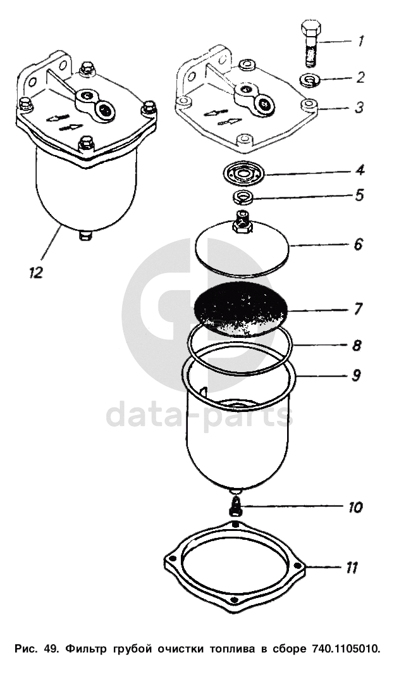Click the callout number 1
[361, 41]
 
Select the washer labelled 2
[310, 80]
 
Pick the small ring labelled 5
[243, 197]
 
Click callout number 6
[358, 244]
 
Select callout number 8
[357, 345]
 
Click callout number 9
[356, 375]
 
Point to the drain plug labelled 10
[235, 506]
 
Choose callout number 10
[355, 507]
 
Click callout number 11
[352, 568]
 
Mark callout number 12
[36, 273]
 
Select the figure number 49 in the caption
[52, 649]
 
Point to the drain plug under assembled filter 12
[85, 235]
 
